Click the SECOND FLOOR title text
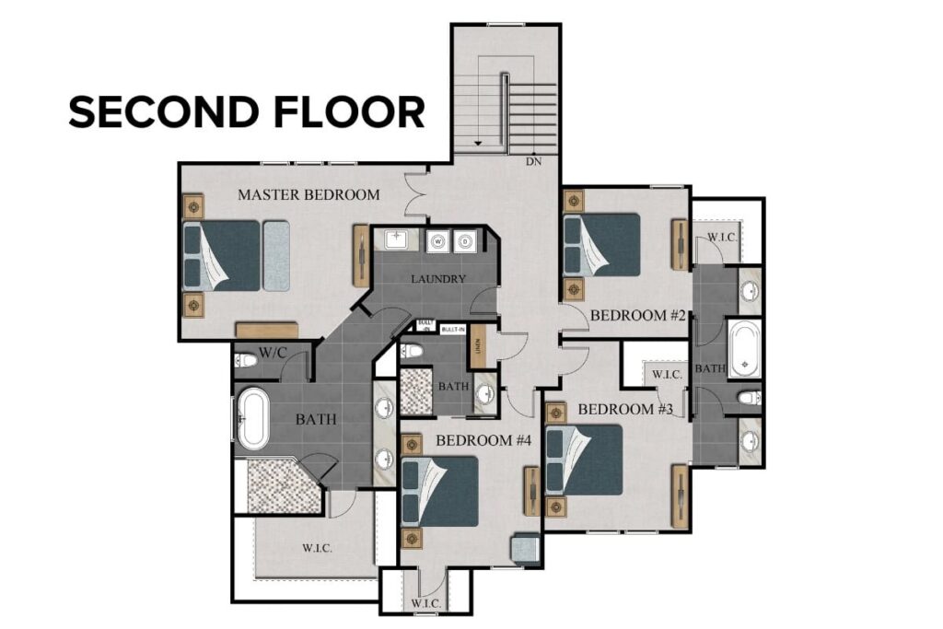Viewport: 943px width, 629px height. [247, 111]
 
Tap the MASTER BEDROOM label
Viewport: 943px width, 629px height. [309, 194]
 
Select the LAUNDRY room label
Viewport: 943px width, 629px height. [437, 279]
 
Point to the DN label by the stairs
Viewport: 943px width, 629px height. [533, 162]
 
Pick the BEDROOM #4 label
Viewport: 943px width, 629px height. [484, 440]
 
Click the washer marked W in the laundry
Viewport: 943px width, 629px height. [438, 242]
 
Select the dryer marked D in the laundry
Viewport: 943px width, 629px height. [466, 242]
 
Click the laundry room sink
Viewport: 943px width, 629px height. [402, 241]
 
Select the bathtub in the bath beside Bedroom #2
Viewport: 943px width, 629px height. [743, 347]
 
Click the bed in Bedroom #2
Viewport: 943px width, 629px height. [602, 245]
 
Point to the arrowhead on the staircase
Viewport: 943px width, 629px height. [477, 145]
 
